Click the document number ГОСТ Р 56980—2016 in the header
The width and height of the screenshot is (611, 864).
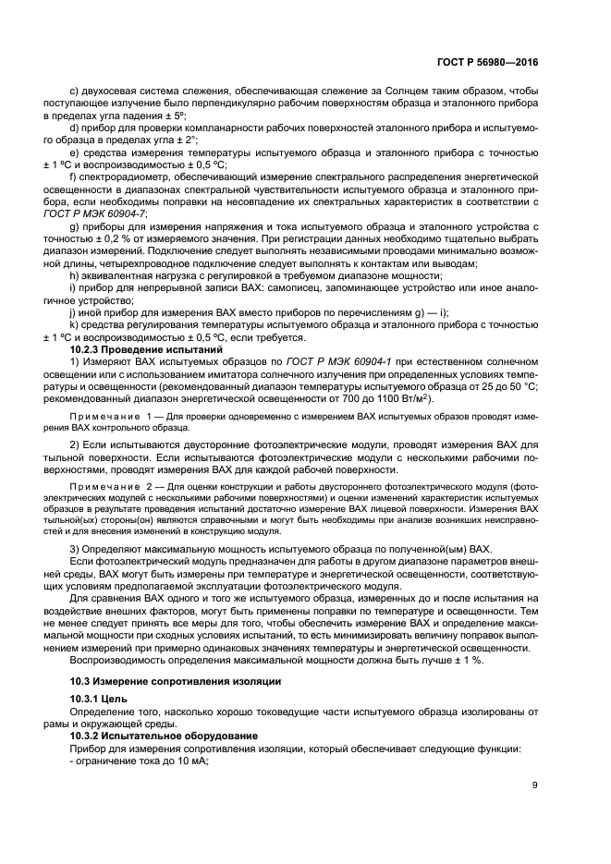pos(487,63)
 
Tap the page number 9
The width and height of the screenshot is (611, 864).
pos(534,786)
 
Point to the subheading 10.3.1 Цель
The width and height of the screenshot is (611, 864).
pos(101,699)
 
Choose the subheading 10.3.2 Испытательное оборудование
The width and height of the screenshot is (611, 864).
pos(157,736)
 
